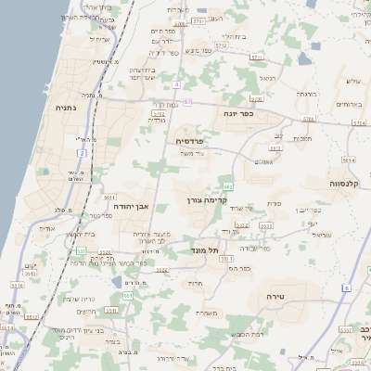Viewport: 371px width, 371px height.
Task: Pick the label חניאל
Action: pyautogui.click(x=268, y=79)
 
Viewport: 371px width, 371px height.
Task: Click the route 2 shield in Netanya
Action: pyautogui.click(x=83, y=151)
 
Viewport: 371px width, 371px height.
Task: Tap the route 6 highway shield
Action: pyautogui.click(x=345, y=288)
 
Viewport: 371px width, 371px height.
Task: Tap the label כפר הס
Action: pyautogui.click(x=242, y=267)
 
